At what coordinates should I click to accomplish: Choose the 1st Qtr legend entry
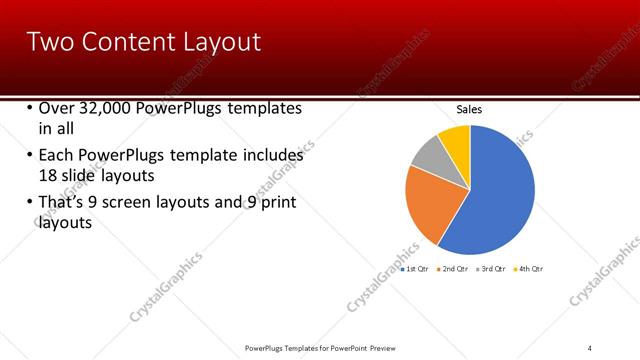(x=416, y=269)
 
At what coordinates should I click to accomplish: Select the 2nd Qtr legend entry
(x=455, y=269)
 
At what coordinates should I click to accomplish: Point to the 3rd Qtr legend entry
(x=493, y=269)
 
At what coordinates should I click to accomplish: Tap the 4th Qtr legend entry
(x=530, y=269)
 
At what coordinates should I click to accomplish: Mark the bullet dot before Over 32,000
(x=29, y=108)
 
